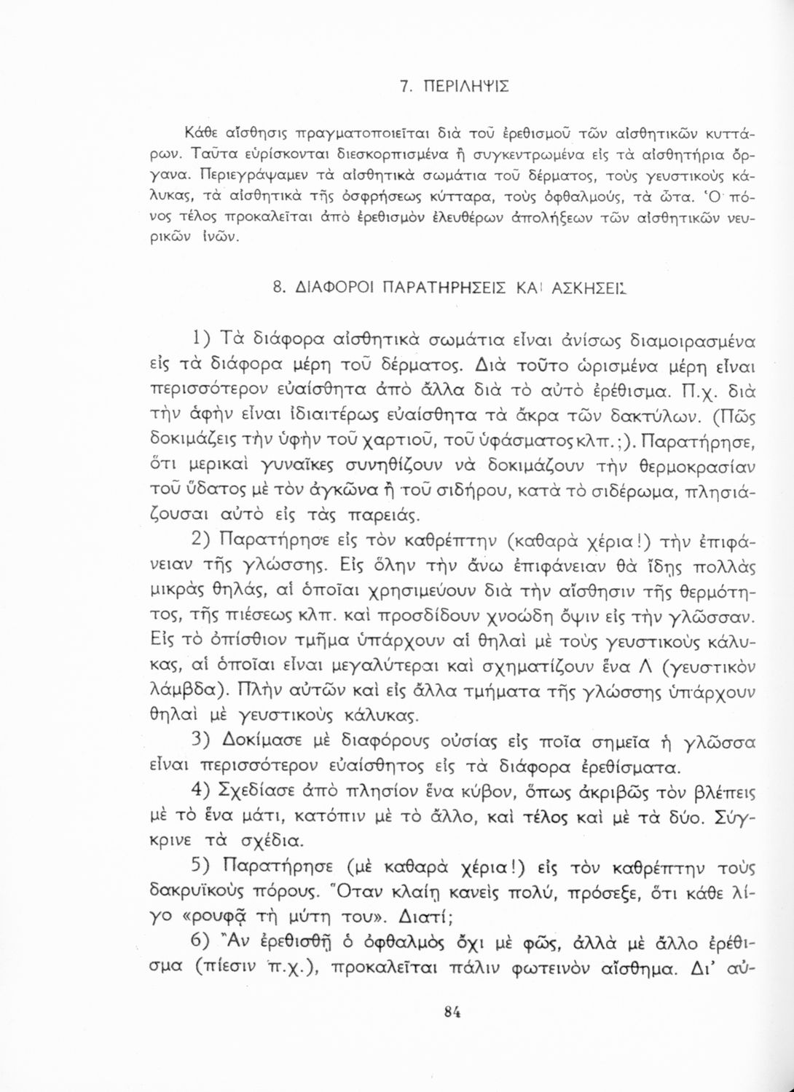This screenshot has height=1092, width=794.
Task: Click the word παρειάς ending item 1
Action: (374, 516)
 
